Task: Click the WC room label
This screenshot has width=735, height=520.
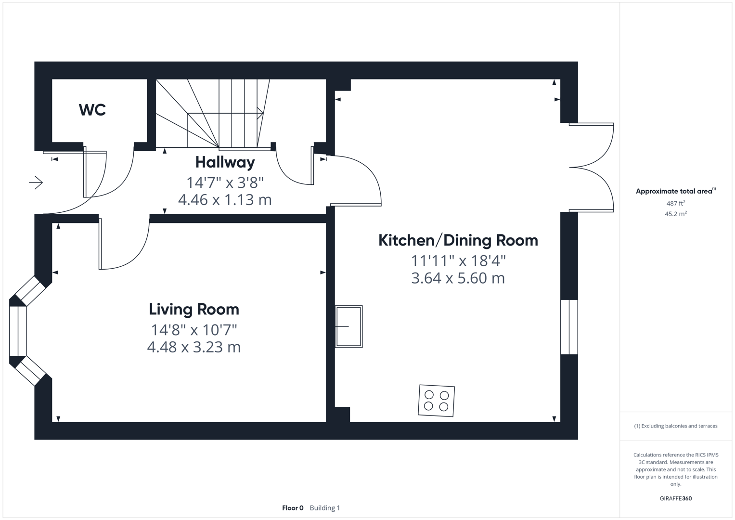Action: [92, 110]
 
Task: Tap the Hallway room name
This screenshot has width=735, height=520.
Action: [225, 162]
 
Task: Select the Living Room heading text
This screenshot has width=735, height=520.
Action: [193, 309]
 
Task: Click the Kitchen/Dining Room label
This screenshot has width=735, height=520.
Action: [458, 240]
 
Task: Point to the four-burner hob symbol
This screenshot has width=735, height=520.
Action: [436, 401]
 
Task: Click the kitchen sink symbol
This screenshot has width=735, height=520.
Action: [348, 326]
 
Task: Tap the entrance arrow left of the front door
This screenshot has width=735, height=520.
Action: [36, 182]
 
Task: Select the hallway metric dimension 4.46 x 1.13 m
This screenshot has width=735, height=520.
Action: [225, 199]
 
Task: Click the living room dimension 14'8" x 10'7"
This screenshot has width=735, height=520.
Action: [194, 330]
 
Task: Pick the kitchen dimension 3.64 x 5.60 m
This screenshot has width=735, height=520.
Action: [458, 278]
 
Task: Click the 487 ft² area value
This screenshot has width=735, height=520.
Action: [675, 204]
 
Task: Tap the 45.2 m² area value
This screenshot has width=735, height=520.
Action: [675, 214]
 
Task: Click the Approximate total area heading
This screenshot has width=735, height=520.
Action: [675, 191]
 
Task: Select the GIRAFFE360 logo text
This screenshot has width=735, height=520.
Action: [675, 498]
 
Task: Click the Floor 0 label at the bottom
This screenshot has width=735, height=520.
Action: [293, 508]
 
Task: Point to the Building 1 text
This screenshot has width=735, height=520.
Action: [325, 508]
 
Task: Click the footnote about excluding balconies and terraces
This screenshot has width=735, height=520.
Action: [675, 426]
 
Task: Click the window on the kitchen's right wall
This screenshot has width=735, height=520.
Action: [569, 327]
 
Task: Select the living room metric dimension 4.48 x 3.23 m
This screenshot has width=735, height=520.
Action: [193, 347]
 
